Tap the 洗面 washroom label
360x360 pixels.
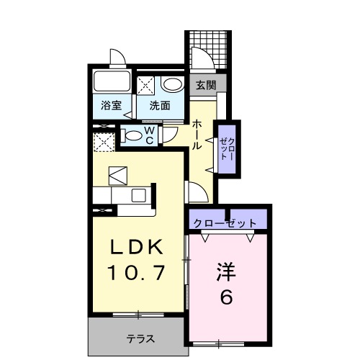point(160,105)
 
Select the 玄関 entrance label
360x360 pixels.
point(206,84)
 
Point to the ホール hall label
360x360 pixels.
point(197,135)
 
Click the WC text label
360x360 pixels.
point(150,135)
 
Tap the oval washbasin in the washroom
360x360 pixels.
point(172,84)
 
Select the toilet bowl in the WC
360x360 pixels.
point(132,135)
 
